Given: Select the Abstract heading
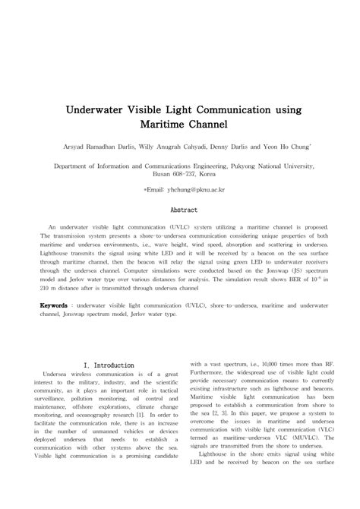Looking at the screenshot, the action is coord(183,209).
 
